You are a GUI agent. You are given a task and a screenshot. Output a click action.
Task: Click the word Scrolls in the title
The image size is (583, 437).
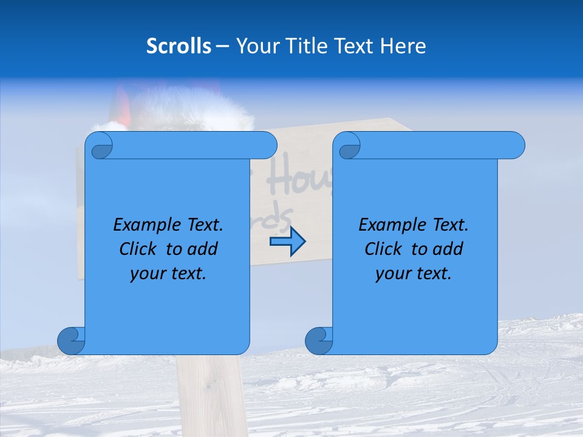pyautogui.click(x=179, y=46)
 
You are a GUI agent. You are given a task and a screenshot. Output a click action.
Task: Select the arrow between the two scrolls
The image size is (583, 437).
pyautogui.click(x=287, y=242)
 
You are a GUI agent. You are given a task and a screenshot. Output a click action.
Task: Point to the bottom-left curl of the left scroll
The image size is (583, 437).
pyautogui.click(x=71, y=340)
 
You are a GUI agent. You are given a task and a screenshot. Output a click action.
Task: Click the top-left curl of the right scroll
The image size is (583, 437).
pyautogui.click(x=349, y=146)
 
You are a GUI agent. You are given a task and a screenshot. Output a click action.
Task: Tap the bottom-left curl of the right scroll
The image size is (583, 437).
pyautogui.click(x=319, y=340)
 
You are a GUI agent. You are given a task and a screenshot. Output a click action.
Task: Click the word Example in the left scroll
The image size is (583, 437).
pyautogui.click(x=144, y=225)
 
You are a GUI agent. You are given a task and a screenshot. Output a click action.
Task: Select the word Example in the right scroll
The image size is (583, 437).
pyautogui.click(x=389, y=225)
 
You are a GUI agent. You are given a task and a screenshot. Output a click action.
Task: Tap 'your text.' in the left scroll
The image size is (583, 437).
pyautogui.click(x=168, y=274)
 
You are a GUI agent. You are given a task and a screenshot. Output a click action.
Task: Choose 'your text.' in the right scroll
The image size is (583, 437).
pyautogui.click(x=414, y=274)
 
